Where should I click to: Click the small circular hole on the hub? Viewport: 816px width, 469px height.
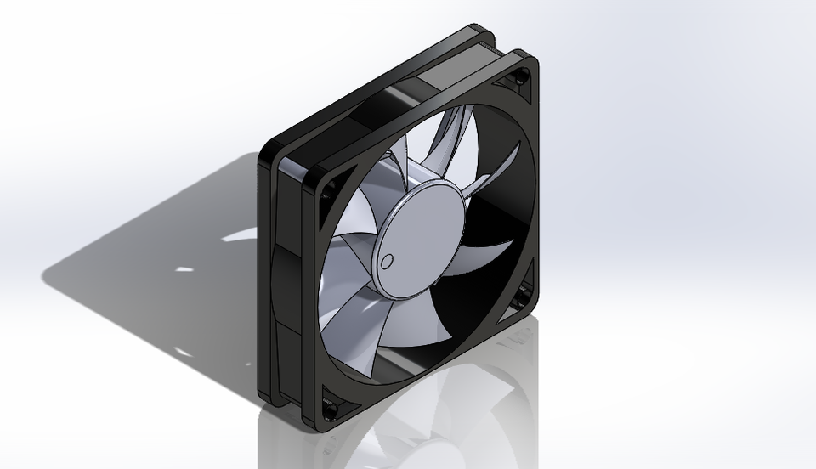click(x=388, y=260)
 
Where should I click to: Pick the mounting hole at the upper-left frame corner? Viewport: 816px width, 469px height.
click(x=323, y=194)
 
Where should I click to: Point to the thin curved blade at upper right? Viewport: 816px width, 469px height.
click(x=497, y=170)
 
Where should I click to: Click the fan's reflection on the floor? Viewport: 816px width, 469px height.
click(x=425, y=425)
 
